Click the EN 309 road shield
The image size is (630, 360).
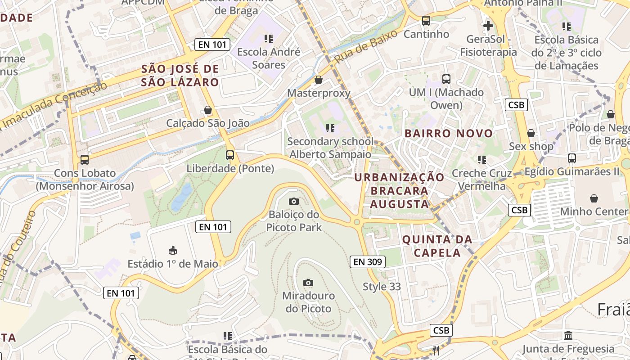pos(368,261)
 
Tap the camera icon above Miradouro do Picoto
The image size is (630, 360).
pos(308,283)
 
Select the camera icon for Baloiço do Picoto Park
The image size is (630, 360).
pos(293,201)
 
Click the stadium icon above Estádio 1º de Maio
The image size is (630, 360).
pos(172,250)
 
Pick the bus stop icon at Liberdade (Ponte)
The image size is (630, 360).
pos(230,155)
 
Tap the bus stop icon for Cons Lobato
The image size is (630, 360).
pos(84,159)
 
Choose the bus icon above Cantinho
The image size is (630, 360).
pos(426,21)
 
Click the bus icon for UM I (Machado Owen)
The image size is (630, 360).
pos(446,79)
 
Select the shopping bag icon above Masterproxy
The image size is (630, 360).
pos(319,80)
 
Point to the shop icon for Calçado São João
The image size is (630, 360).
pos(208,110)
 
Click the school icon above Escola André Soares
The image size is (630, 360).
pos(269,39)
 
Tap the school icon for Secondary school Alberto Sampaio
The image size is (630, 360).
pos(330,128)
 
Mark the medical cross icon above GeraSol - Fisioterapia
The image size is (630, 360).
pos(488,26)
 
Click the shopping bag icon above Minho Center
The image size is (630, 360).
pos(594,198)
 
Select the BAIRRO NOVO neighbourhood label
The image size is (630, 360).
pos(449,134)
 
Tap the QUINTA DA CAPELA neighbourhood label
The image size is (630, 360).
pos(437,246)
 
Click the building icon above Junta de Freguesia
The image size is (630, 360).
pos(568,336)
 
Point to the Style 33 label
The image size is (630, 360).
pos(382,287)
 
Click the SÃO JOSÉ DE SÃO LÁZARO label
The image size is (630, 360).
pos(180,76)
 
